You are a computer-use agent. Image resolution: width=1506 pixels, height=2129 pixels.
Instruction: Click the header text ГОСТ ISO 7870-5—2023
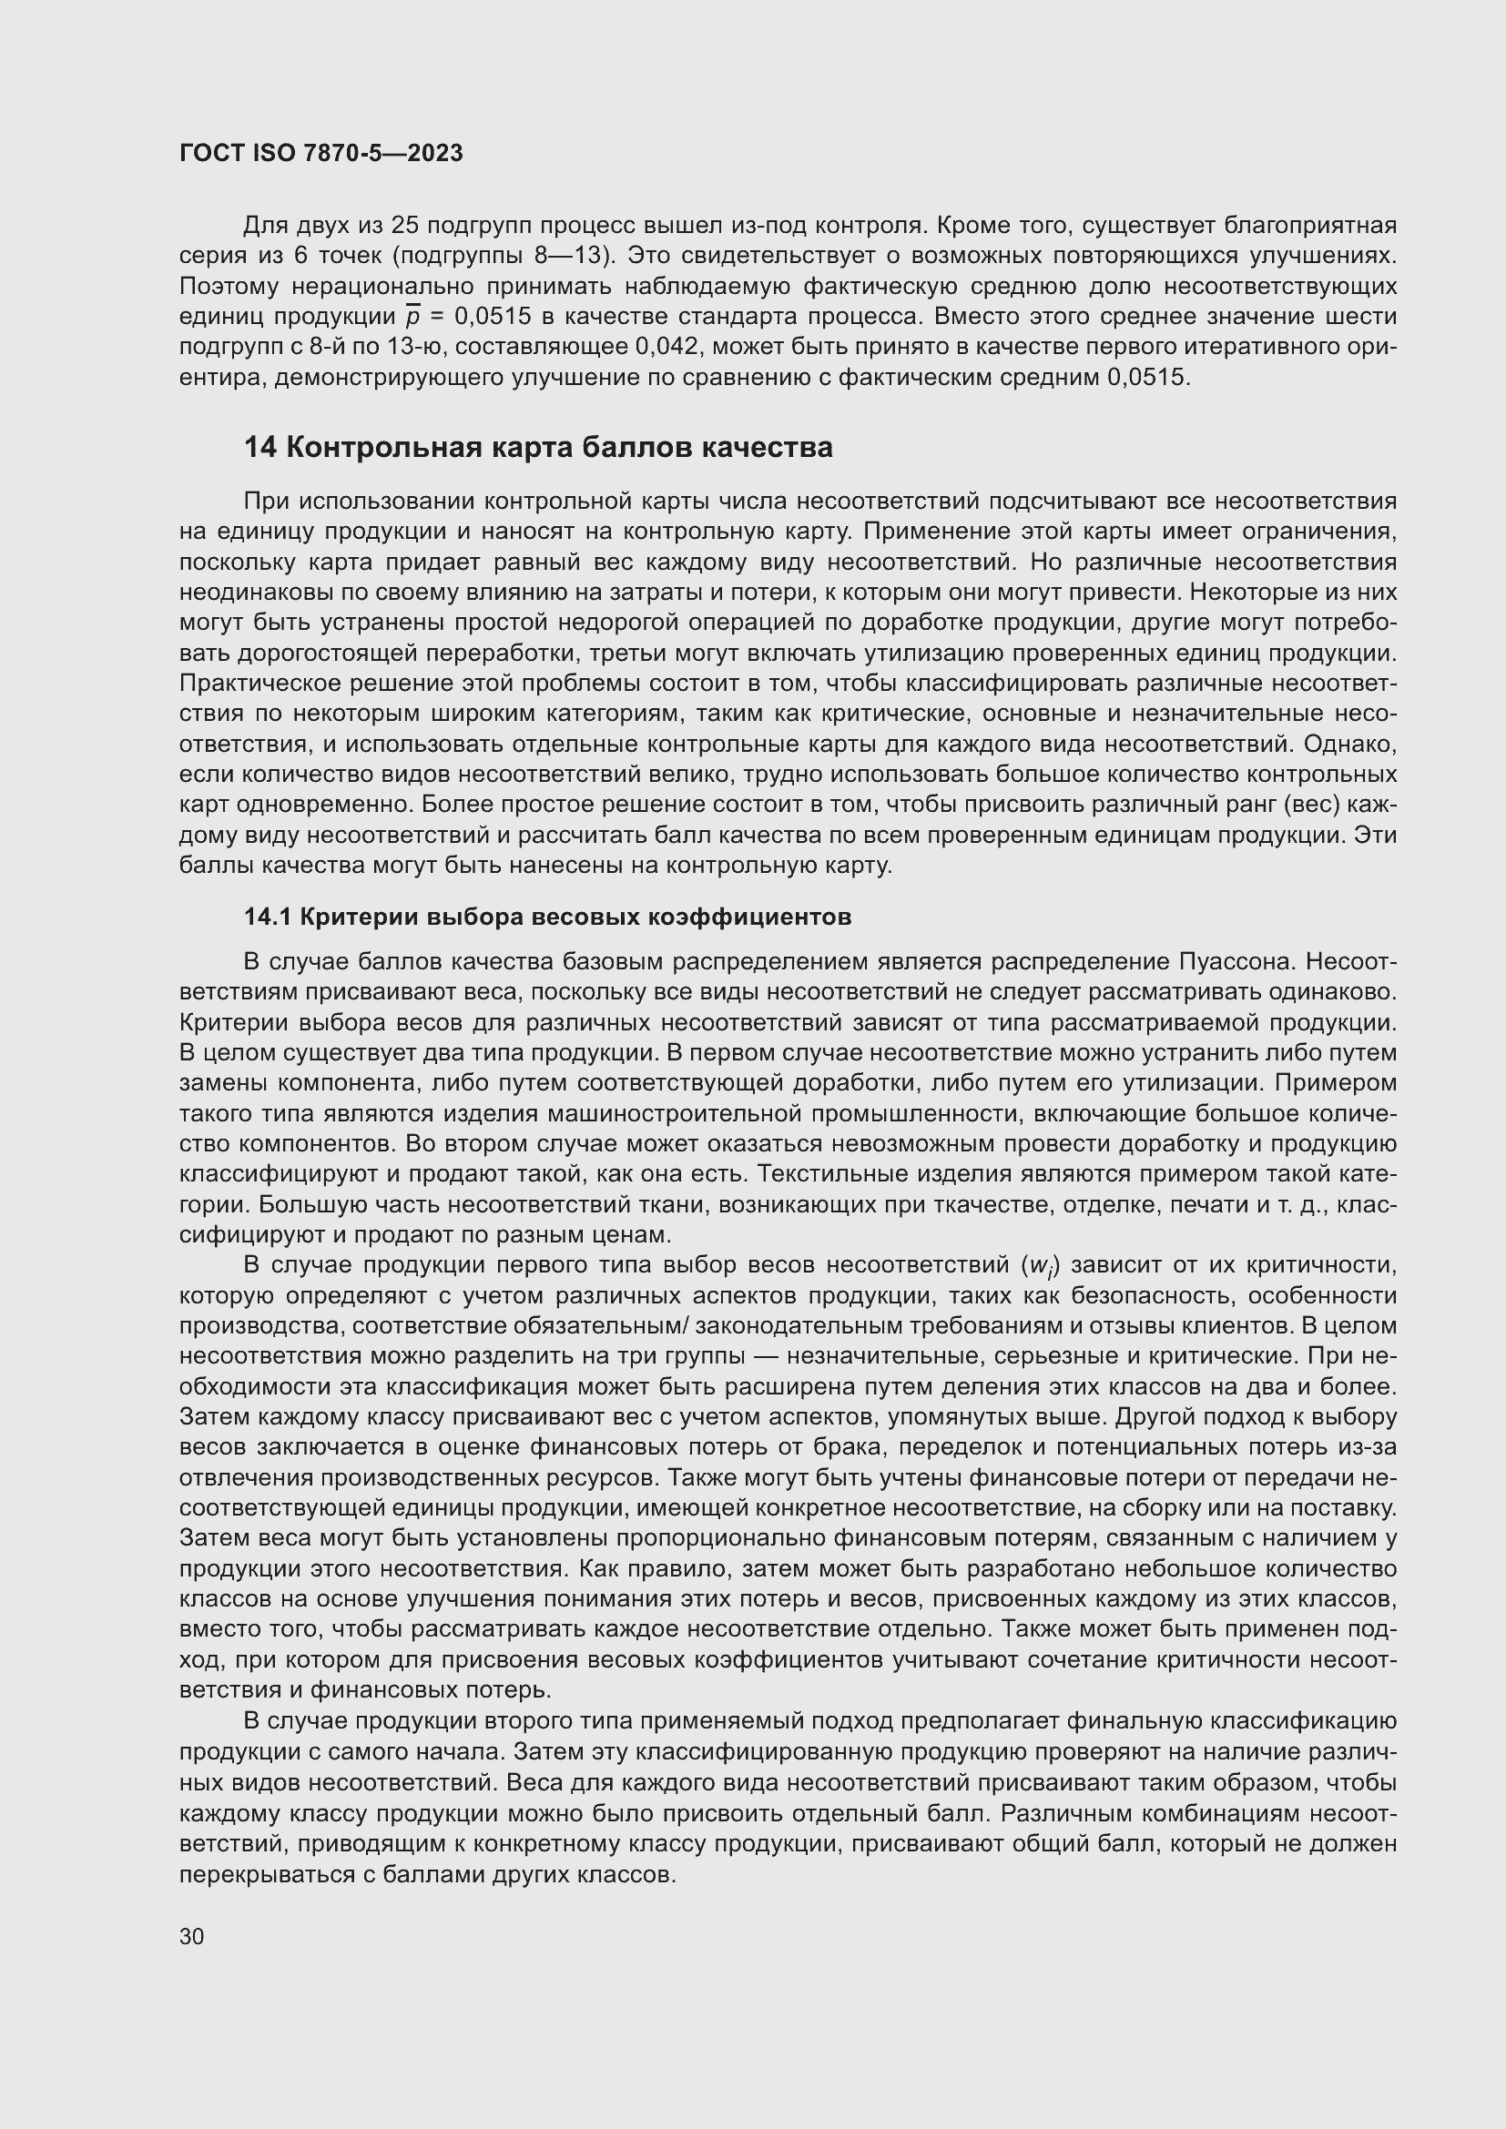[321, 154]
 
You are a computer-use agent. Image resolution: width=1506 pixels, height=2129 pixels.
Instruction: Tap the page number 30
[192, 1936]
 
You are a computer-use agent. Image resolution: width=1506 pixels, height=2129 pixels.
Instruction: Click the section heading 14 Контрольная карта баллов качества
[538, 448]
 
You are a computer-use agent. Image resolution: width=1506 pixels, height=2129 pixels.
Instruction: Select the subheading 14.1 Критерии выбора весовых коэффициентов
[547, 917]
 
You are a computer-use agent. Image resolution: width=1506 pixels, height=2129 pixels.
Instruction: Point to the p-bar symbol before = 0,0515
[413, 317]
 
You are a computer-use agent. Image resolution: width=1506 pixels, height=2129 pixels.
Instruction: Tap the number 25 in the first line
[406, 226]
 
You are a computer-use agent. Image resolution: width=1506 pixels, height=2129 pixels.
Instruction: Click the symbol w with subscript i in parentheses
[1040, 1266]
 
